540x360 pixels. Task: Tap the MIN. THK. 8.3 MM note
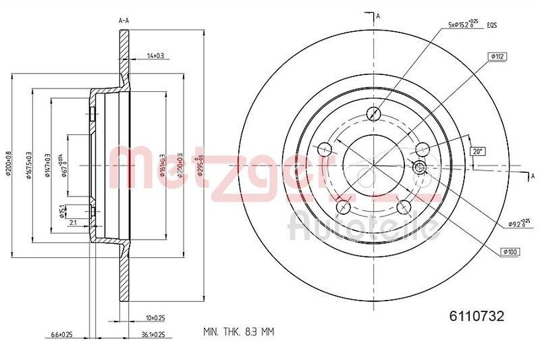pos(240,332)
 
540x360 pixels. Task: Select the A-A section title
pos(124,21)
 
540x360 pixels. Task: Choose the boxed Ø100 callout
pos(510,252)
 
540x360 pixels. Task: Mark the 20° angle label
pos(478,152)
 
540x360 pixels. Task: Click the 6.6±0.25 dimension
pos(61,334)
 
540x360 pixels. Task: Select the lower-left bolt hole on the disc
pos(342,206)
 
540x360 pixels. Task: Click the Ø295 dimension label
pos(197,165)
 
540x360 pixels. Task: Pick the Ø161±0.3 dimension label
pos(163,165)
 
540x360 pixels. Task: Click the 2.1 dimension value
pos(72,222)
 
